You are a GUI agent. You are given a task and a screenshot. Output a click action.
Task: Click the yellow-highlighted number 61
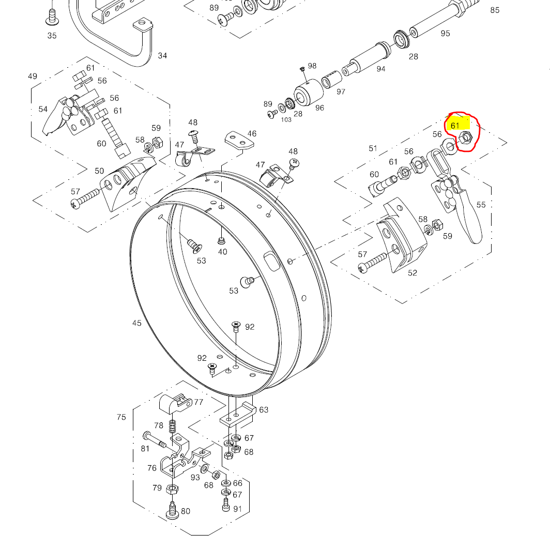click(x=455, y=126)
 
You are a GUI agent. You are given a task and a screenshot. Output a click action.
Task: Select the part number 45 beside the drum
click(x=136, y=323)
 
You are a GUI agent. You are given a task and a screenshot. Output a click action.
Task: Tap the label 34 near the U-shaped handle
click(x=163, y=55)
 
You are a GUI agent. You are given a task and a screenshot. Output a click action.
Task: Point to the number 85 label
click(x=495, y=10)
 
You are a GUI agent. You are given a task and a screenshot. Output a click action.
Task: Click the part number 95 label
click(x=445, y=34)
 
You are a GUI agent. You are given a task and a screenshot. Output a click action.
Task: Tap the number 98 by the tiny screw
click(x=312, y=66)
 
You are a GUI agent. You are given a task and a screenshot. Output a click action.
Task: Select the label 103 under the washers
click(x=286, y=119)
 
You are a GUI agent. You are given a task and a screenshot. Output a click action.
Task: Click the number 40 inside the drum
click(x=222, y=252)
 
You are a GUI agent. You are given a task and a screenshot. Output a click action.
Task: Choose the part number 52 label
click(x=412, y=273)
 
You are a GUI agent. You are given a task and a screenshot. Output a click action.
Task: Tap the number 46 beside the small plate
click(x=252, y=134)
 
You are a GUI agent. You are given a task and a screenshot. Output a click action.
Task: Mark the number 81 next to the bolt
click(x=145, y=449)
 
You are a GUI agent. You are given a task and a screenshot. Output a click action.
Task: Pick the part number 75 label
click(x=121, y=417)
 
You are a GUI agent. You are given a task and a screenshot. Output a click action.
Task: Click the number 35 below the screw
click(x=52, y=36)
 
